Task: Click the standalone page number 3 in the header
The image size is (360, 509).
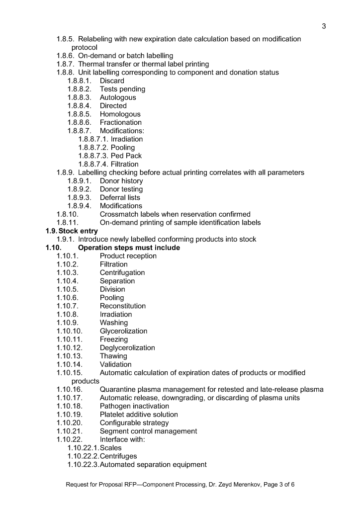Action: [324, 26]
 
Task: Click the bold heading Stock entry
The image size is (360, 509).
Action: [76, 231]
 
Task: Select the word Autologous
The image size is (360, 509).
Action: [118, 97]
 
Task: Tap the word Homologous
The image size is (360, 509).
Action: [120, 114]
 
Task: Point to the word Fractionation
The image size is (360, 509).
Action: [121, 122]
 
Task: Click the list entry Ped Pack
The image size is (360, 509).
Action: [126, 156]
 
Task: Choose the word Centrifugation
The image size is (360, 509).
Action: [122, 272]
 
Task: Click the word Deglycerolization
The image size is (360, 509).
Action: [127, 347]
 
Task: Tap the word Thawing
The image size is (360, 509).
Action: [113, 356]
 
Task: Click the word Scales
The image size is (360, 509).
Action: [111, 448]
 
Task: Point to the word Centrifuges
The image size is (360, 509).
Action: [118, 456]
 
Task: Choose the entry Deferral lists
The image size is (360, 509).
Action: [120, 197]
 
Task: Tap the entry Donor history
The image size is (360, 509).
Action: [121, 181]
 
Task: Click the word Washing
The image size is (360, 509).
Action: [114, 323]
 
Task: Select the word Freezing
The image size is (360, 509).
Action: [114, 339]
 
